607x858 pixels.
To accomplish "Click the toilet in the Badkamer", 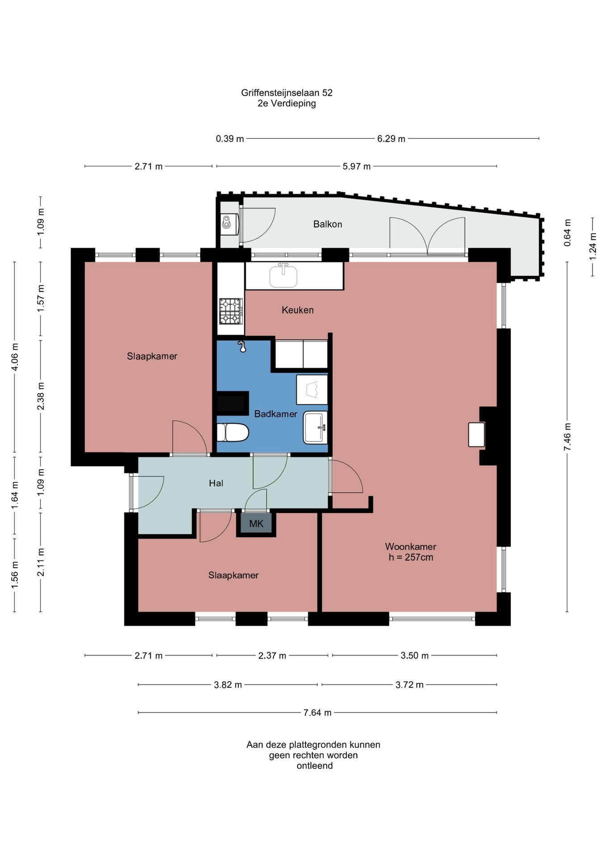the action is coord(232,432).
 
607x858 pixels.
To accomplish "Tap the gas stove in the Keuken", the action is coord(231,311).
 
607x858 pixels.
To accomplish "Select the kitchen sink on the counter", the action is coord(283,275).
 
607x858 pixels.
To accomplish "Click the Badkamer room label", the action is coord(275,414).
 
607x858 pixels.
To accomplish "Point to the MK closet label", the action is coord(256,524).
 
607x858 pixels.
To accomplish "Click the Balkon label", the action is coord(328,224).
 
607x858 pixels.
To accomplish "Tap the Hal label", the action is coord(216,483).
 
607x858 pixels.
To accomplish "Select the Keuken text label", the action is coord(298,310).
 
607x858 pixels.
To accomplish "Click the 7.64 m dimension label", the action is coord(317,712).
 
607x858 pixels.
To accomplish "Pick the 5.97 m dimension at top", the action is coord(357,166).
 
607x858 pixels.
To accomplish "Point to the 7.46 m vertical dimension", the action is coord(567,437).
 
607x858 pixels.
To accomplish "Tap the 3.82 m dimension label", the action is coord(228,685).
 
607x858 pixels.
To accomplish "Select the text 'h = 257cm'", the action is coord(411,557).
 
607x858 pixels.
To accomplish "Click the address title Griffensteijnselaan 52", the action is coord(287,93).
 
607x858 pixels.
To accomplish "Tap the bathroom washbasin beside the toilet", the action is coord(315,428).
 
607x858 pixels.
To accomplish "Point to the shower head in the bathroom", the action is coord(242,346).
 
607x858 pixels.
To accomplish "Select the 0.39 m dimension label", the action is coord(230,139).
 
